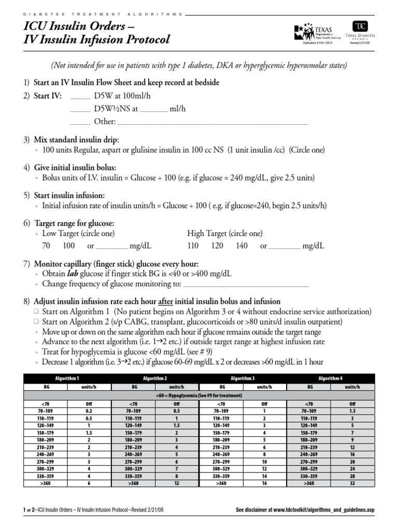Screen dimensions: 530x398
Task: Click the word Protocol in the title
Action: tap(140, 40)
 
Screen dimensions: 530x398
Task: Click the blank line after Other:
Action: tap(213, 123)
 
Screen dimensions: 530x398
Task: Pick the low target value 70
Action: tap(46, 246)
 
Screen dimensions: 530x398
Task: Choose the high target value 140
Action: tap(241, 246)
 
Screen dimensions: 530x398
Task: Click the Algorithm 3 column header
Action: tap(243, 379)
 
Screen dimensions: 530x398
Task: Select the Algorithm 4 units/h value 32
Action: tap(352, 483)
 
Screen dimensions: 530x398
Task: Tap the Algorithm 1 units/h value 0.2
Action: tap(89, 410)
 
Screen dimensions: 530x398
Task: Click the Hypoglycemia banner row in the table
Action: tap(198, 395)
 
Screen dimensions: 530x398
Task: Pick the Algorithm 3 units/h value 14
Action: tap(264, 476)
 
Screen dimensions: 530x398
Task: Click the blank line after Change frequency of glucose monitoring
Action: tap(246, 284)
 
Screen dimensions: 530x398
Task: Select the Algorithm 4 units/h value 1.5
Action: tap(352, 410)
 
